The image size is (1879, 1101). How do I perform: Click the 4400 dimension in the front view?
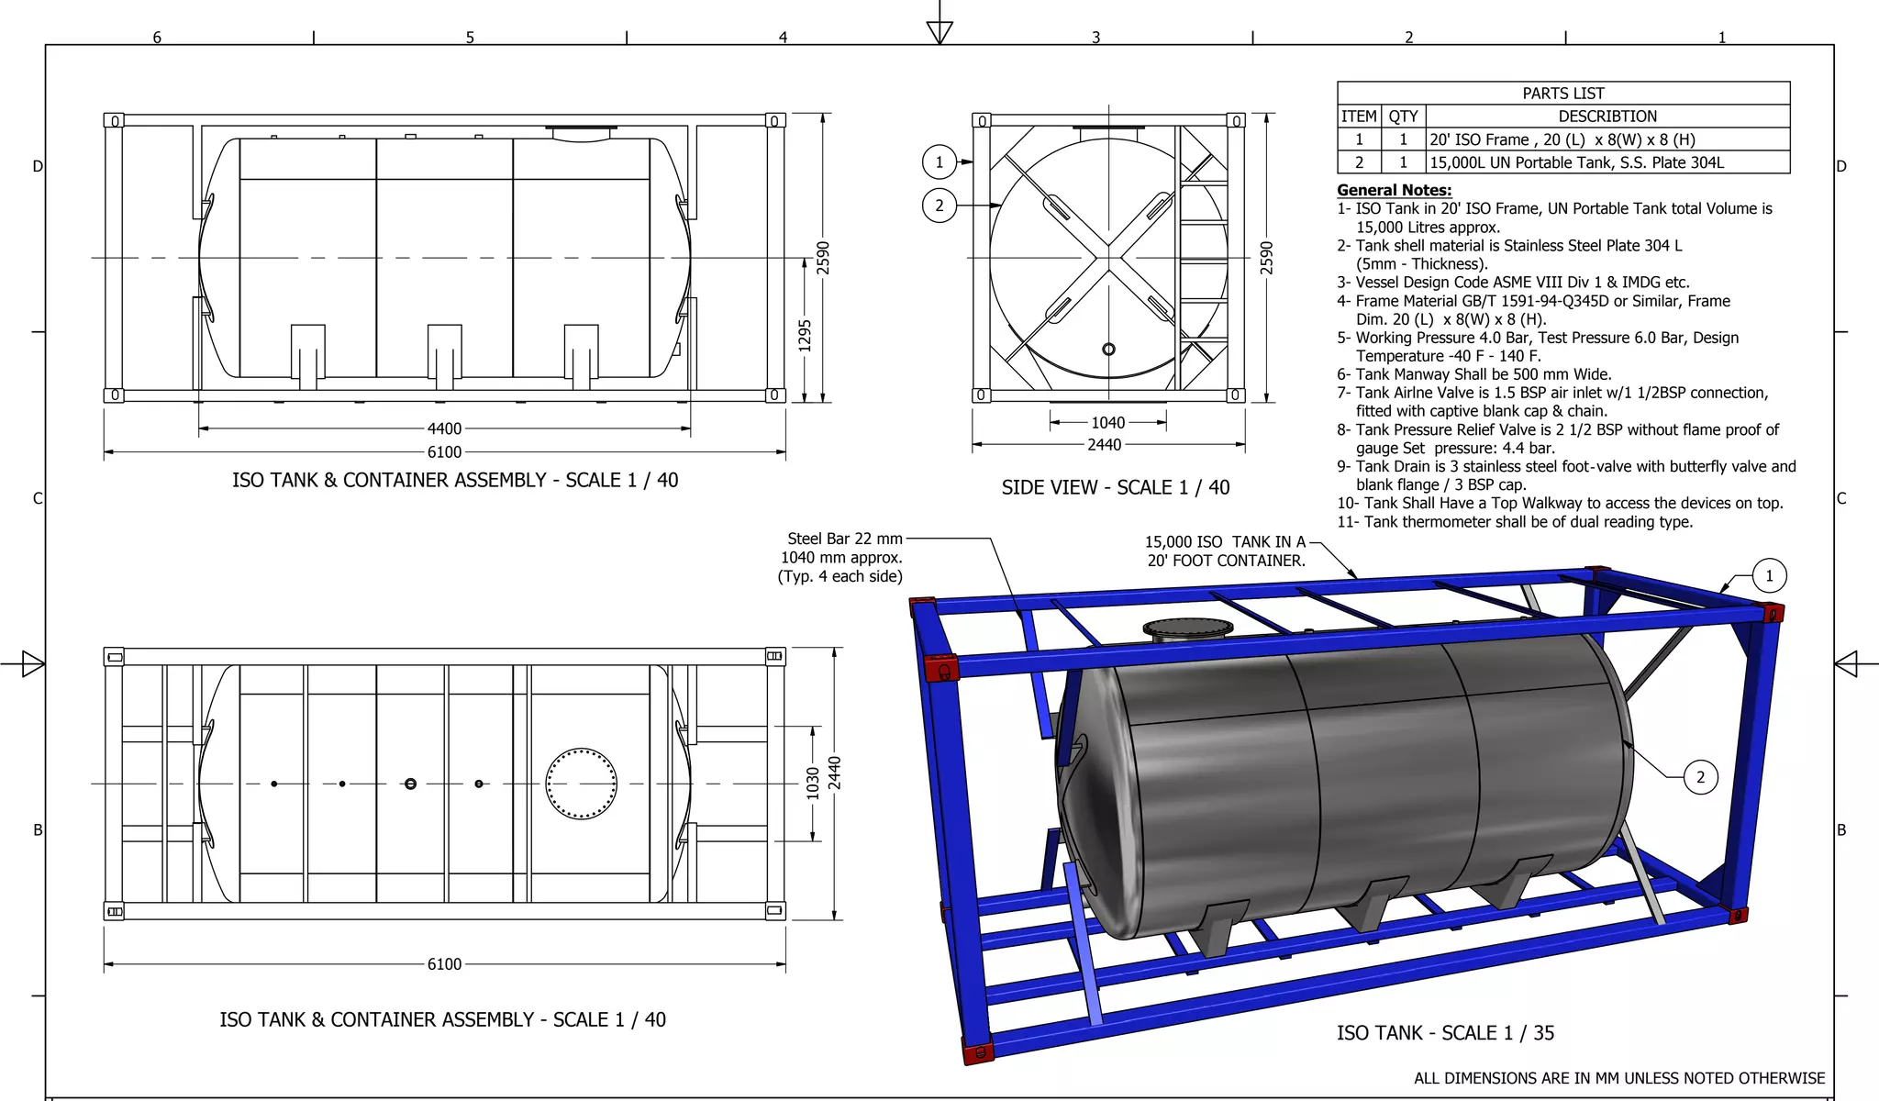(x=444, y=428)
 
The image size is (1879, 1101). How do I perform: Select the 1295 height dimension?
(x=805, y=335)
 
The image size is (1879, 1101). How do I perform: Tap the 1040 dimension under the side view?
(x=1107, y=422)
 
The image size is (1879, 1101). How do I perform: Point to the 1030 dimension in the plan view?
(x=812, y=783)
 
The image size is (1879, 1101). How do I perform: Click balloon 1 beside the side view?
(x=939, y=162)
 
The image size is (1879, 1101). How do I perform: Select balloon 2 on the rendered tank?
(x=1700, y=777)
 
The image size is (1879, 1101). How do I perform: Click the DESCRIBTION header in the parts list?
(x=1607, y=117)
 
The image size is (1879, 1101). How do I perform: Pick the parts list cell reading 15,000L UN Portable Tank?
(x=1576, y=162)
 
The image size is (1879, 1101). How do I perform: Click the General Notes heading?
(x=1394, y=190)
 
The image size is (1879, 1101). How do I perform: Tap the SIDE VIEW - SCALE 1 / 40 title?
(x=1115, y=487)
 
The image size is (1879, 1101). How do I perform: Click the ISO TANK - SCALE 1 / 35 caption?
(x=1445, y=1032)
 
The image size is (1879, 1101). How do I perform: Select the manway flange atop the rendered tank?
(x=1188, y=629)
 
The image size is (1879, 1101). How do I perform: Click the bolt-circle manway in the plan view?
(x=581, y=784)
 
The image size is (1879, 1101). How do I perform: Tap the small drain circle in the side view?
(x=1108, y=349)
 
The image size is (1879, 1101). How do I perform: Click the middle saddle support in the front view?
(x=444, y=353)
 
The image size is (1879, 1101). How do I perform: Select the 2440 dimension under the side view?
(x=1104, y=445)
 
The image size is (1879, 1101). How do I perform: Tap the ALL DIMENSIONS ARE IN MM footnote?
(x=1618, y=1078)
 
